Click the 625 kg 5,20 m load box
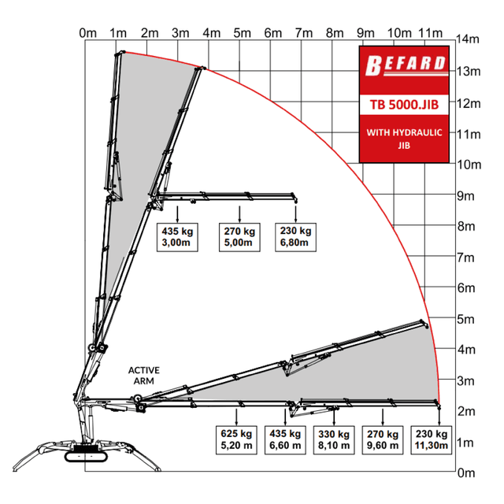click(236, 440)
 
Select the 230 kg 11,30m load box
click(431, 440)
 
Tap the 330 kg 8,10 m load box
click(334, 440)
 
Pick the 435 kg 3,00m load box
click(177, 237)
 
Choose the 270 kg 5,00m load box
click(239, 237)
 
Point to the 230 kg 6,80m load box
click(296, 237)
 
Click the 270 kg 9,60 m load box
click(383, 440)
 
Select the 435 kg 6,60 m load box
click(285, 440)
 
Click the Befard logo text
click(406, 65)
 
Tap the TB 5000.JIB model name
click(404, 105)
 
